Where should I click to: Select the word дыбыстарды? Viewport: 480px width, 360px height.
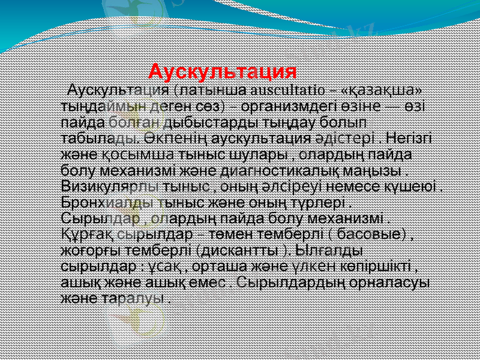click(206, 120)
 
